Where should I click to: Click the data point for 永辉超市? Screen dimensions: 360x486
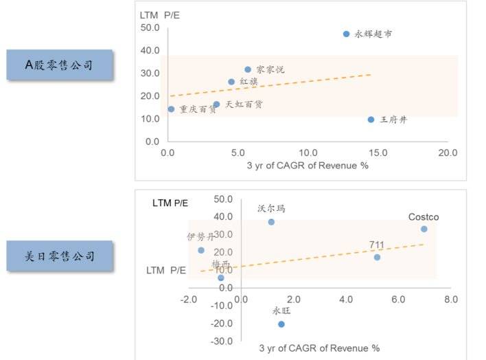coord(347,34)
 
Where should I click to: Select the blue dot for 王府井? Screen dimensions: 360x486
coord(371,120)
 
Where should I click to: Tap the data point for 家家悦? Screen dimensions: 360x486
coord(248,69)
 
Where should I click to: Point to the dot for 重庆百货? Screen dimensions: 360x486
coord(171,109)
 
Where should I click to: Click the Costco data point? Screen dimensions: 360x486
coord(424,229)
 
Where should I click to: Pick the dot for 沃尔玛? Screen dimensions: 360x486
coord(271,222)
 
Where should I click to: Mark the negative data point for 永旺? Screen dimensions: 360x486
coord(281,324)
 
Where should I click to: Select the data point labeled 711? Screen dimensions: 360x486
coord(377,257)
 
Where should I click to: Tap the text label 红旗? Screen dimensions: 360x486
coord(248,82)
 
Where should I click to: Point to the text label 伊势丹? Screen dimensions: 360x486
coord(200,237)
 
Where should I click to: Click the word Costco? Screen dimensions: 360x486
coord(424,217)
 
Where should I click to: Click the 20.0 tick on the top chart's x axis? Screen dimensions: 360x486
coord(448,153)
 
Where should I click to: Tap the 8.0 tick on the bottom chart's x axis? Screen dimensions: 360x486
coord(451,300)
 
